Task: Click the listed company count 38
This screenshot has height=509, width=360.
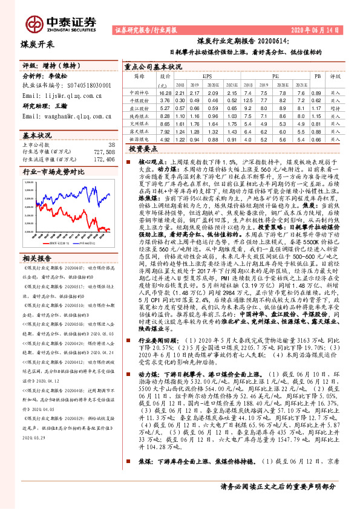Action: pyautogui.click(x=110, y=145)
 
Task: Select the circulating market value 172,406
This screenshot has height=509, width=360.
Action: pyautogui.click(x=102, y=160)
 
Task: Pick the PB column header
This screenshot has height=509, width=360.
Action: pyautogui.click(x=317, y=77)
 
